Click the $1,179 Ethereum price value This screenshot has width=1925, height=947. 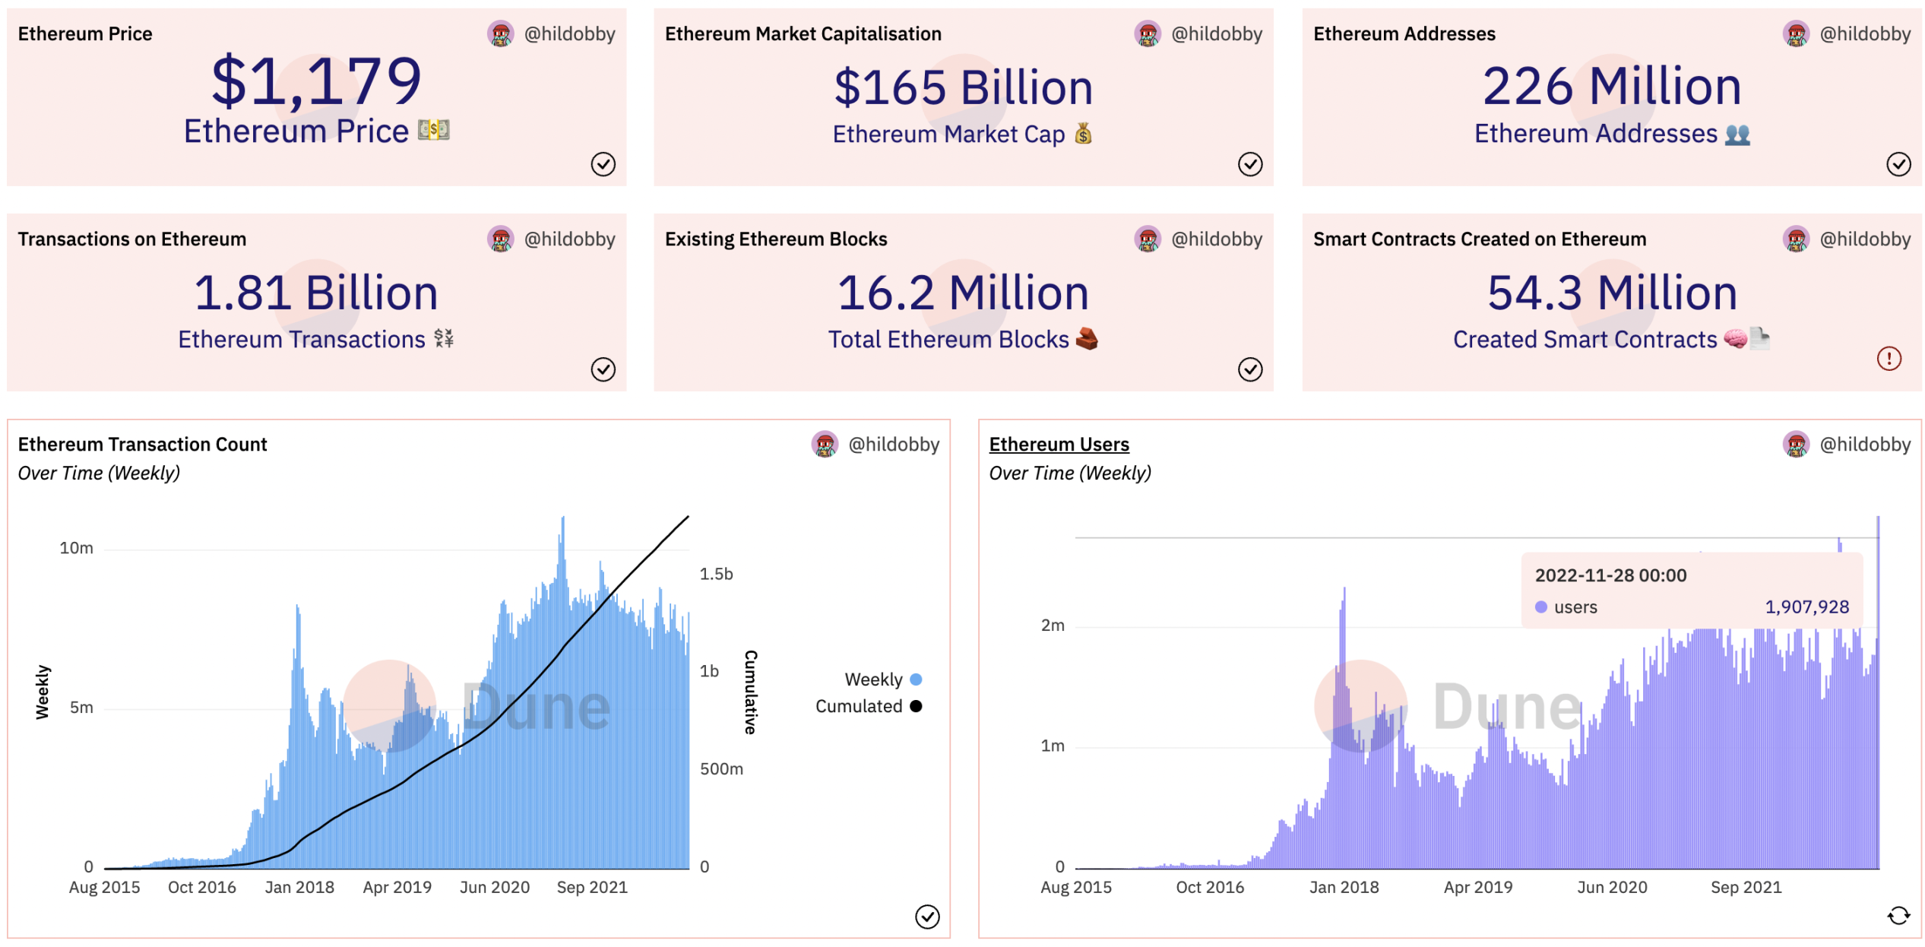316,81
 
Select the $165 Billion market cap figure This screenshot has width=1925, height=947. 963,87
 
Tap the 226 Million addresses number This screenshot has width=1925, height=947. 1611,86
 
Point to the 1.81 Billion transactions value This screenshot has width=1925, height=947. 316,293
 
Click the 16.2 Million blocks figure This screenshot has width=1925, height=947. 963,293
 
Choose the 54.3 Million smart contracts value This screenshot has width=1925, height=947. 1612,293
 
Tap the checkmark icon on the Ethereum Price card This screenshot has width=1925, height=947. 603,164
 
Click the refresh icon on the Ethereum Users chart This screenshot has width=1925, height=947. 1898,916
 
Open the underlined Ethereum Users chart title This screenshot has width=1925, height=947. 1059,444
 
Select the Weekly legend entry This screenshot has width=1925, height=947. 882,679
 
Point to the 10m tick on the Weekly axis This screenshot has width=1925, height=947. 77,548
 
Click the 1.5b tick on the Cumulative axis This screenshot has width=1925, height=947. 716,574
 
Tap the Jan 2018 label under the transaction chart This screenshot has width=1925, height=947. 299,887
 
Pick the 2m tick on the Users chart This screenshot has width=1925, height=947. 1053,626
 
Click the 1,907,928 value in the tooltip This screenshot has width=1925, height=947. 1806,607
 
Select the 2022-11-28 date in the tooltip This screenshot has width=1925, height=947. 1610,575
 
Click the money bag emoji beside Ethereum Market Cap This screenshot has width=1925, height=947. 1083,134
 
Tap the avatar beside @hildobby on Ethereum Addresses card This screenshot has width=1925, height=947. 1796,34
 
